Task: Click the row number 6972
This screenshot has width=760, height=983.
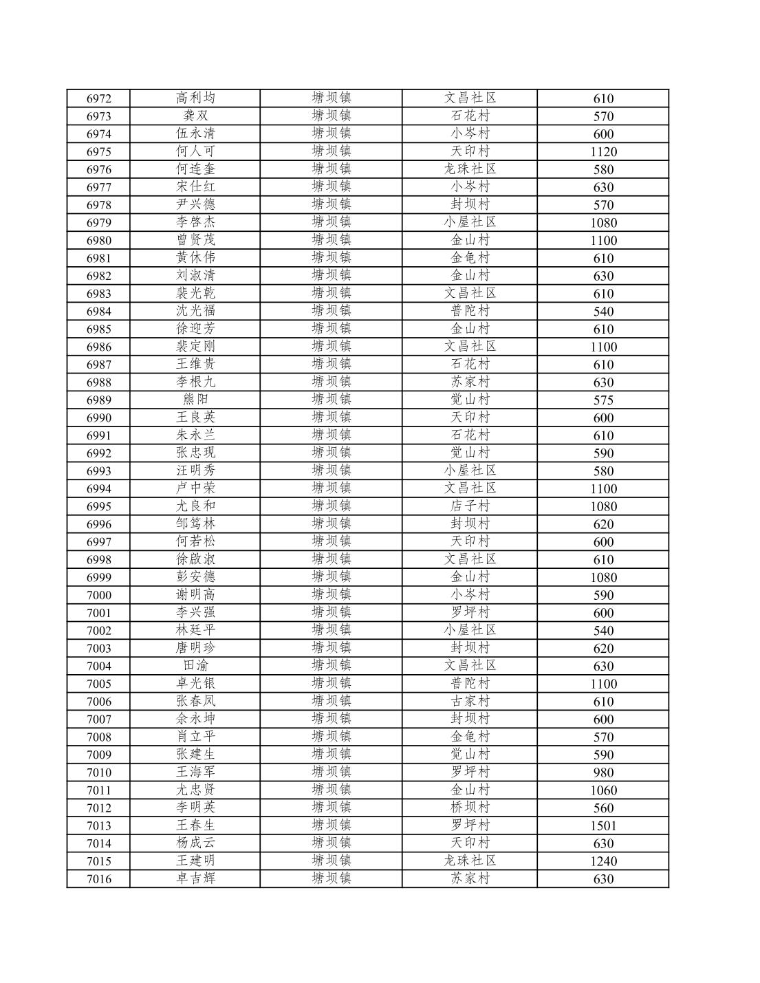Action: [98, 98]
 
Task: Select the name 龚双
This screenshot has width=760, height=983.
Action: [195, 116]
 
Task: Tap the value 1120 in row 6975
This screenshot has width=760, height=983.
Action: [603, 152]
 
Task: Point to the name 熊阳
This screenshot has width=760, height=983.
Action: [195, 400]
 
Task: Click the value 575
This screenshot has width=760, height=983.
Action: [603, 400]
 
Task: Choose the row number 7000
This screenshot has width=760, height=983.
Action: [98, 595]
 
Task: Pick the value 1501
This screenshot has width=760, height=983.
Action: [603, 825]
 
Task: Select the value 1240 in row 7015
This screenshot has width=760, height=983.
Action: [603, 861]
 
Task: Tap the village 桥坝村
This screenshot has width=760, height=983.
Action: [470, 808]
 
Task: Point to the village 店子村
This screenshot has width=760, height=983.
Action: [470, 506]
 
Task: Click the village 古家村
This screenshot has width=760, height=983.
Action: [470, 701]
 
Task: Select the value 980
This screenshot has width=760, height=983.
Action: [603, 773]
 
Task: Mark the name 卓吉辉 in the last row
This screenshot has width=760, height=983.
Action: [195, 878]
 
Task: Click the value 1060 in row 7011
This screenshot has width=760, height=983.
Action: [603, 790]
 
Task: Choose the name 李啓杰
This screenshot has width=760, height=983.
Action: [195, 222]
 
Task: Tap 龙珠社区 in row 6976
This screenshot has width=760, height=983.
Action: [470, 169]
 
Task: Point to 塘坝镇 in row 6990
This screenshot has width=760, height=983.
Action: [331, 418]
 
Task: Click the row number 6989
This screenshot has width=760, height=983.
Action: [98, 400]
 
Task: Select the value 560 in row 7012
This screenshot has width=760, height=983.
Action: [603, 808]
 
